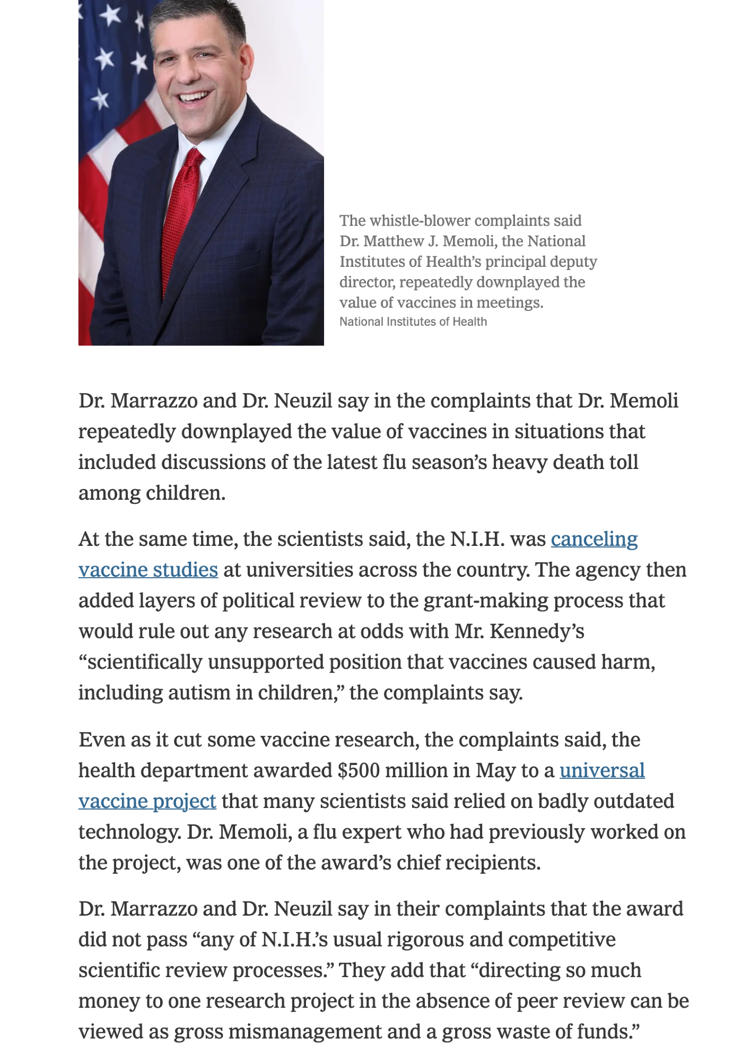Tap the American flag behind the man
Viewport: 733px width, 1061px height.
(111, 80)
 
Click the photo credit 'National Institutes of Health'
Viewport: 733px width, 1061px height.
(413, 322)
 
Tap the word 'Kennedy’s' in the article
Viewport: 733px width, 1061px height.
(537, 632)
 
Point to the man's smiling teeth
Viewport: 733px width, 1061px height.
(193, 98)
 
